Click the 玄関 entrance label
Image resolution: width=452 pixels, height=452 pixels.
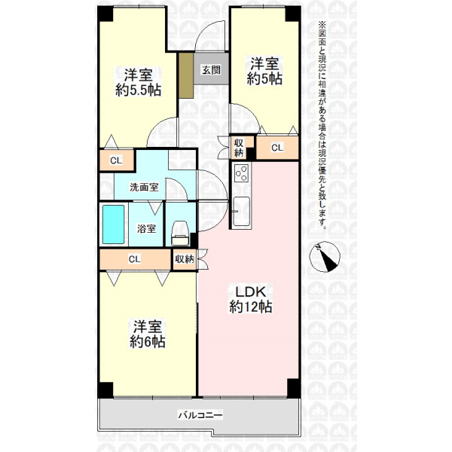[x=211, y=70]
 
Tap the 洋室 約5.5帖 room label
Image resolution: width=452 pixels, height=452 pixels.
[x=138, y=83]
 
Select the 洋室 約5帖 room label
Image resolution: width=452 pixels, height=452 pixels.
[x=264, y=72]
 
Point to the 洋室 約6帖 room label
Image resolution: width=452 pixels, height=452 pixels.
[x=148, y=334]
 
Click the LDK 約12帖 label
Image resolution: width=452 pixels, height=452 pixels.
[x=251, y=299]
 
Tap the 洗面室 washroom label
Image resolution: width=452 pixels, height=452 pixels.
[x=144, y=188]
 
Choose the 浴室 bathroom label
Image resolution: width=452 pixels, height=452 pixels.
[x=146, y=228]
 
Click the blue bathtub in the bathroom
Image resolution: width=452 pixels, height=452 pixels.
[x=114, y=224]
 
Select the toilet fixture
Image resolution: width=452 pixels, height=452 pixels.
[x=180, y=234]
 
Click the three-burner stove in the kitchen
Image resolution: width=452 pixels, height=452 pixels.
[x=242, y=173]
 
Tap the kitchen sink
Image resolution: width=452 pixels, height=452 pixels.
[x=241, y=211]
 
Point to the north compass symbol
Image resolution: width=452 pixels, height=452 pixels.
[x=325, y=256]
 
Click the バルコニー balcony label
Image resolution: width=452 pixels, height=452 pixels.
[x=200, y=415]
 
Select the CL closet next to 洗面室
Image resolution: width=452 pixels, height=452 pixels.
[x=117, y=160]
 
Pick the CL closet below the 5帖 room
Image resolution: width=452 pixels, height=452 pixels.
[x=277, y=148]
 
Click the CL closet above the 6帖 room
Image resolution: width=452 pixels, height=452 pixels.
[x=135, y=259]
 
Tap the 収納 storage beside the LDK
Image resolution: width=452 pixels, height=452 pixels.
[x=185, y=259]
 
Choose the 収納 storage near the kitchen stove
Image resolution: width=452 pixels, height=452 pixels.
[x=239, y=148]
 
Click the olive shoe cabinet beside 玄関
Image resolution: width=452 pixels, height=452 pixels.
[x=186, y=75]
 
